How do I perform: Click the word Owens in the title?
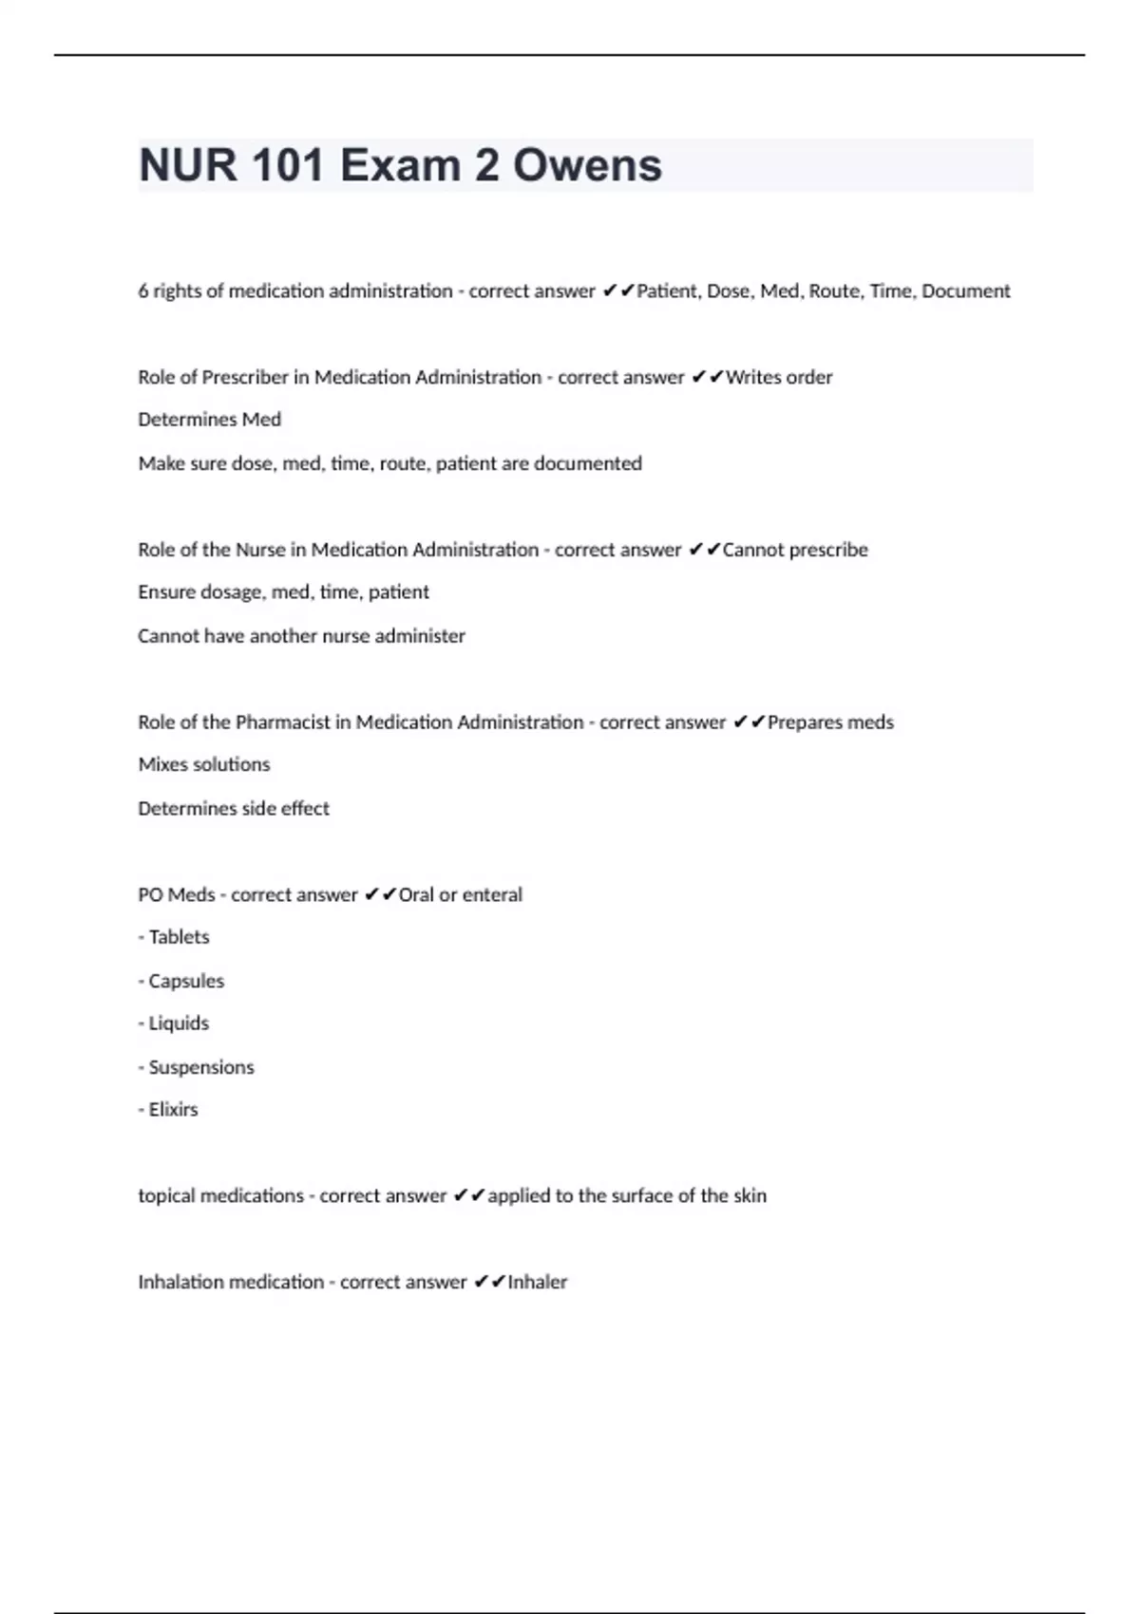[x=587, y=165]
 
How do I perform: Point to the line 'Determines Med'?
[x=209, y=420]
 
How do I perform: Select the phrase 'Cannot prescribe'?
[x=795, y=551]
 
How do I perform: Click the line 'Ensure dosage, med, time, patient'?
[x=283, y=592]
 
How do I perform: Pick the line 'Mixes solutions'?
[x=203, y=765]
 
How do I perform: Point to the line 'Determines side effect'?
[x=234, y=809]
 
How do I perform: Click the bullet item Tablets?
[x=179, y=938]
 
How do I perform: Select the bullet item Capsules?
[x=186, y=982]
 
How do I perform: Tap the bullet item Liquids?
[x=179, y=1023]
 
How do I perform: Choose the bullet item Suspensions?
[x=201, y=1068]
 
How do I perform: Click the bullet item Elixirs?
[x=173, y=1110]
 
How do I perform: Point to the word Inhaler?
[x=537, y=1283]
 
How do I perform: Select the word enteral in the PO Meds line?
[x=492, y=895]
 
